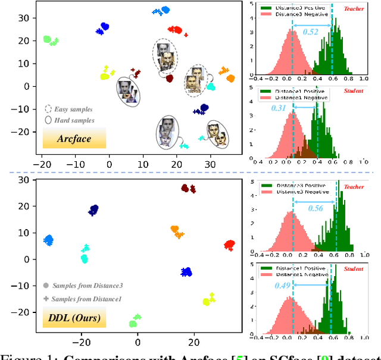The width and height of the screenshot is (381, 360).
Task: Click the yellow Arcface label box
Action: (x=74, y=138)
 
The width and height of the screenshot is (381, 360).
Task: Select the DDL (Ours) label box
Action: (x=74, y=319)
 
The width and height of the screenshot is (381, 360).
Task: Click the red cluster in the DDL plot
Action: (x=229, y=245)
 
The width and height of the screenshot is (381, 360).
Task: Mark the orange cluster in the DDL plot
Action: (x=177, y=231)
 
